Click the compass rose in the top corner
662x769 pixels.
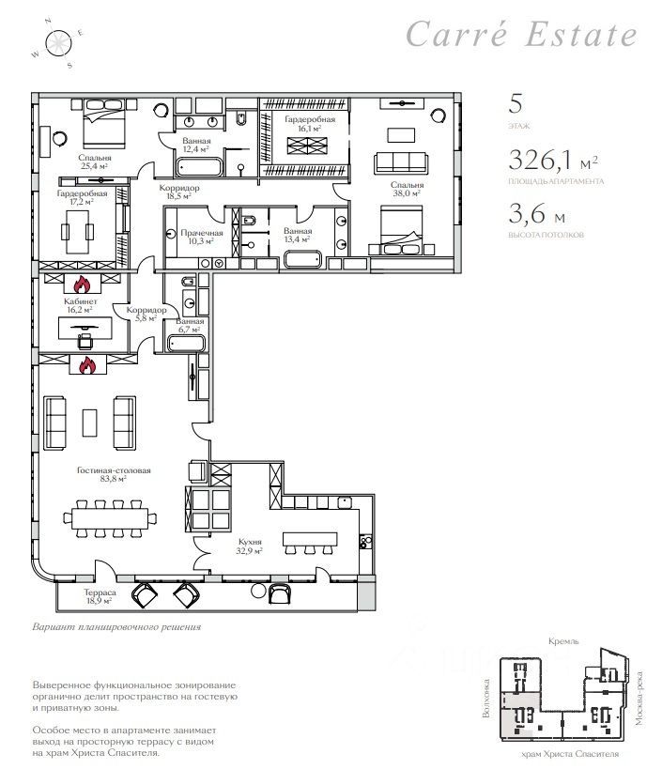(59, 43)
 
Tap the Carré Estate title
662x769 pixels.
(521, 34)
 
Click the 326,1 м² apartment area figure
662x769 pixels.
(553, 160)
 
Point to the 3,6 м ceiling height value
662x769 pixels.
(536, 214)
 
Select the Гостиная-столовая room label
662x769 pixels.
(114, 474)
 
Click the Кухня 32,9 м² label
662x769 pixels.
(250, 546)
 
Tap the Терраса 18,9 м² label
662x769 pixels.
(99, 596)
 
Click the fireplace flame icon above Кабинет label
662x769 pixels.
(82, 285)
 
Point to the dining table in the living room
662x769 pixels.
(110, 518)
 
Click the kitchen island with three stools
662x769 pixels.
(310, 543)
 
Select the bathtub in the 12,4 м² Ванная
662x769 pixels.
(200, 167)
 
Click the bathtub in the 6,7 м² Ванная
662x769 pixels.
(186, 343)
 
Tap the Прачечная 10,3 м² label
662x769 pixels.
(202, 237)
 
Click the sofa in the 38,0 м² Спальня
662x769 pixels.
(401, 162)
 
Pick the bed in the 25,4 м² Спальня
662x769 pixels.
(104, 123)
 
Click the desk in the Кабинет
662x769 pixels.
(85, 328)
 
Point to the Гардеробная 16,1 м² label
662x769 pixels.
(310, 124)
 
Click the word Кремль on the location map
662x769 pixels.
(563, 641)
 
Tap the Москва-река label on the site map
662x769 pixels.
(639, 699)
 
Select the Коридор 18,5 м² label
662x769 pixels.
(179, 192)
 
